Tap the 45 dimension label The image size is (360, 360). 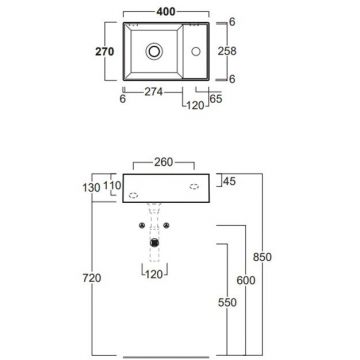click(x=229, y=180)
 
